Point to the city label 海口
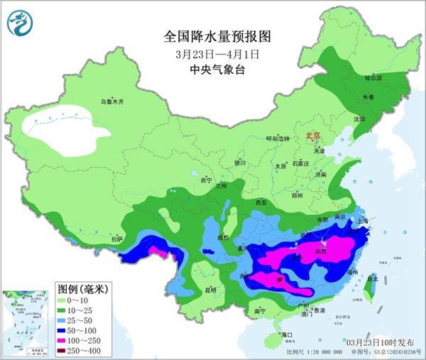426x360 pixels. point(286,334)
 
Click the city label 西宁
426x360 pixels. point(206,180)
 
